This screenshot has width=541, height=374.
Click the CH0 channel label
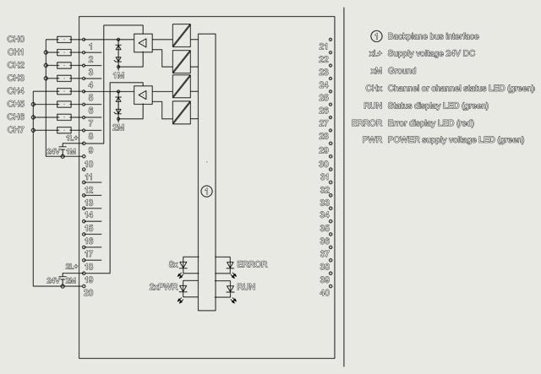tap(16, 40)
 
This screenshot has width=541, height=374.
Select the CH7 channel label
tap(16, 129)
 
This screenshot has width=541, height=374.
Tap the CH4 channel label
tap(16, 90)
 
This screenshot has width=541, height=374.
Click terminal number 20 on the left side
tap(89, 292)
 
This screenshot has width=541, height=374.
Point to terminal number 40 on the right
tap(324, 292)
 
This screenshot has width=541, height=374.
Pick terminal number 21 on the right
tap(324, 46)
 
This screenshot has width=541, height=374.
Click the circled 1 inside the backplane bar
tap(206, 192)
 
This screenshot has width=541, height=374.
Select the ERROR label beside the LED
tap(252, 264)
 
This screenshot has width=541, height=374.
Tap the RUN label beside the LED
tap(246, 288)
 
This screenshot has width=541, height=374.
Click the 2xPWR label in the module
tap(161, 288)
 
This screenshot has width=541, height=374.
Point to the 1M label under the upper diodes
tap(118, 76)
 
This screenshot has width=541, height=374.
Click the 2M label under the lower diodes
tap(118, 127)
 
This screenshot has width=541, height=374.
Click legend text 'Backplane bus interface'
tap(433, 36)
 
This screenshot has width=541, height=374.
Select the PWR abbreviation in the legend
tap(372, 139)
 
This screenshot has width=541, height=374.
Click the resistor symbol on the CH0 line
tap(64, 40)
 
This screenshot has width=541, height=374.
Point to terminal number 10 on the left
tap(89, 164)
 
